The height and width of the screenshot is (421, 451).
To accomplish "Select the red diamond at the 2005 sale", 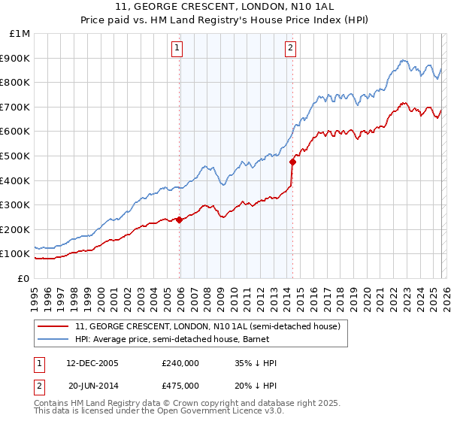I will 180,220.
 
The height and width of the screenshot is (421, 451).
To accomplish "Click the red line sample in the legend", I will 54,327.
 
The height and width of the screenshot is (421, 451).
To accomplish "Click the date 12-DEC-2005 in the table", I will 92,363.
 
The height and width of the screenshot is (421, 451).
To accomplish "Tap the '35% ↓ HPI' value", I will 256,363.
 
